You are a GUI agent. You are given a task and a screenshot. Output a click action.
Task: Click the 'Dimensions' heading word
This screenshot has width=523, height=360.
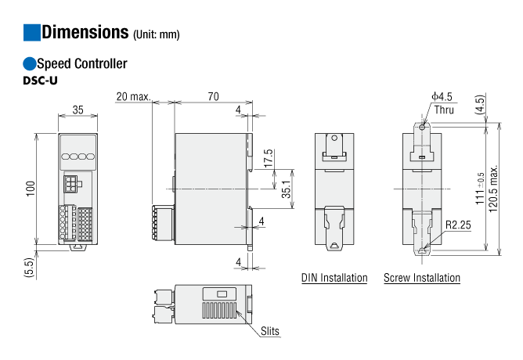(x=85, y=32)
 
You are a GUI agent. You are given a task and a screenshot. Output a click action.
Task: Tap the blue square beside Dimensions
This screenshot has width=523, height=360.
(x=31, y=32)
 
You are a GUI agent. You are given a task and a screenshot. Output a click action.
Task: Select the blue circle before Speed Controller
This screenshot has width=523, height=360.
(x=29, y=63)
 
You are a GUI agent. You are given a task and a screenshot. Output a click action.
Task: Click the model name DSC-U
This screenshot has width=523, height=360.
(x=41, y=81)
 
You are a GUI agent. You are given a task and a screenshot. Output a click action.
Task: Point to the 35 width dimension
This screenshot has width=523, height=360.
(x=78, y=110)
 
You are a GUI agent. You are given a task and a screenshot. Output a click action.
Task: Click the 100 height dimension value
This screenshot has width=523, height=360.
(x=31, y=189)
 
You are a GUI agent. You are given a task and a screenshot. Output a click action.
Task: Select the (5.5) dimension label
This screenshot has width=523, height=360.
(x=29, y=268)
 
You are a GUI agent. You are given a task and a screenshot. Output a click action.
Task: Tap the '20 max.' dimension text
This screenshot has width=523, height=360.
(x=133, y=96)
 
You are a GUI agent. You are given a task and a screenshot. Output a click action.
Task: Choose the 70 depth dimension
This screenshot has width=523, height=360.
(x=214, y=96)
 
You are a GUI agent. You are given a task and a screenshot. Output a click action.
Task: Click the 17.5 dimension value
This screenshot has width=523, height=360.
(x=269, y=158)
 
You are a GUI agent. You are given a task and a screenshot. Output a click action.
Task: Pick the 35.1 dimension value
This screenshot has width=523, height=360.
(x=287, y=189)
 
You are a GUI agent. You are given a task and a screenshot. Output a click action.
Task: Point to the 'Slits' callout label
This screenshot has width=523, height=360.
(x=270, y=331)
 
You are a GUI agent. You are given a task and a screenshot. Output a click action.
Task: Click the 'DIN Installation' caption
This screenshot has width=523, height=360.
(x=334, y=278)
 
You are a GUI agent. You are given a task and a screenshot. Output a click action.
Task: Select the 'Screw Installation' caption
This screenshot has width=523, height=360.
(x=422, y=278)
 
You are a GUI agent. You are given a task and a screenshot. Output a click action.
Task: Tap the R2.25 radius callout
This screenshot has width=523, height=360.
(x=458, y=225)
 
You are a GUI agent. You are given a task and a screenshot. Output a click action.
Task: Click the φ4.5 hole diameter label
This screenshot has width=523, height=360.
(x=442, y=97)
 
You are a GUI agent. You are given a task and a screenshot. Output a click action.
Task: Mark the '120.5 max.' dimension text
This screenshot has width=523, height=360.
(x=493, y=189)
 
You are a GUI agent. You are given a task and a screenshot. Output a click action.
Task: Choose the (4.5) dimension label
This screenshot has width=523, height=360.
(x=480, y=105)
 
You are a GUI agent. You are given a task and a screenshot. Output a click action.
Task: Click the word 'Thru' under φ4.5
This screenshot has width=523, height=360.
(x=444, y=110)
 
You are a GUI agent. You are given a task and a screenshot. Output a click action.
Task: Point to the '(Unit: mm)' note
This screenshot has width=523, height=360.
(x=157, y=34)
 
